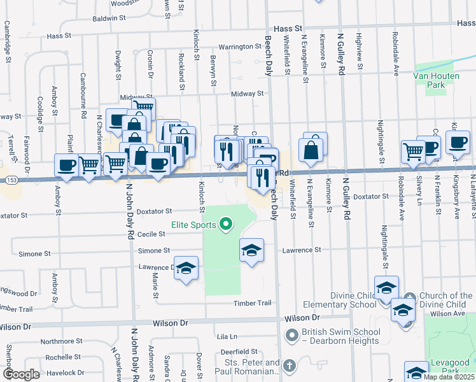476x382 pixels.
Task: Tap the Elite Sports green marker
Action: pyautogui.click(x=225, y=223)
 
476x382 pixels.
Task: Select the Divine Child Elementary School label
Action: pyautogui.click(x=353, y=300)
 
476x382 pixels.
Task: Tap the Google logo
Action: pyautogui.click(x=21, y=374)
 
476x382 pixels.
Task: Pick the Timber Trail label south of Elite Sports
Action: pyautogui.click(x=252, y=303)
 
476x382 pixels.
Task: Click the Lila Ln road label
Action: pyautogui.click(x=227, y=336)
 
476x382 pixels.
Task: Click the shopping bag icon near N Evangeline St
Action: pyautogui.click(x=311, y=151)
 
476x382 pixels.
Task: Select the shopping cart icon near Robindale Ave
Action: pyautogui.click(x=413, y=152)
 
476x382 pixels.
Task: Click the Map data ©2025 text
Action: pyautogui.click(x=448, y=377)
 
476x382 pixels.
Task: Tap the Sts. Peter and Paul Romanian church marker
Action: pyautogui.click(x=290, y=365)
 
